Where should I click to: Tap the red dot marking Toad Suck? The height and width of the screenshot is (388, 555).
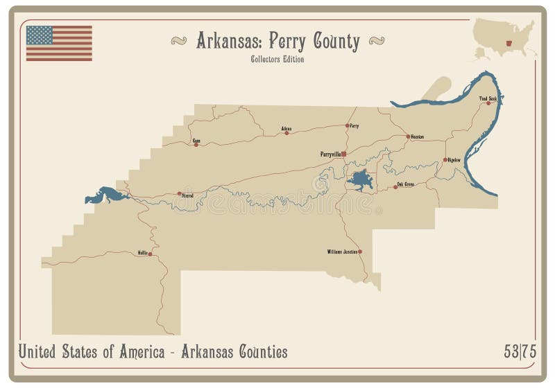pyautogui.click(x=488, y=103)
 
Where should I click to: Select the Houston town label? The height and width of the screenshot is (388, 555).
pyautogui.click(x=417, y=136)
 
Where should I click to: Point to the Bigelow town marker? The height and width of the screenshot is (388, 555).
pyautogui.click(x=445, y=160)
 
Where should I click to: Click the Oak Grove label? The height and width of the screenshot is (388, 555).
pyautogui.click(x=405, y=184)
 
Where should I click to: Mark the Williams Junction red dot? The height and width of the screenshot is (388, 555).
pyautogui.click(x=360, y=252)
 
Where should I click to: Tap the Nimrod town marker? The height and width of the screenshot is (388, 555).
pyautogui.click(x=179, y=193)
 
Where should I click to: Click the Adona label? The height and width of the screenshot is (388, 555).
pyautogui.click(x=287, y=128)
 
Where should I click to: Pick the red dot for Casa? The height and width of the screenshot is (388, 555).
pyautogui.click(x=196, y=145)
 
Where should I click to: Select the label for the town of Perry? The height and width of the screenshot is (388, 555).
pyautogui.click(x=355, y=126)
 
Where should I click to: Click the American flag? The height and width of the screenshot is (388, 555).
pyautogui.click(x=59, y=44)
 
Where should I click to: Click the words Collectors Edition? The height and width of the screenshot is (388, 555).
pyautogui.click(x=277, y=59)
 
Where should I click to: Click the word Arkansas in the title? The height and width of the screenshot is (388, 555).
pyautogui.click(x=230, y=42)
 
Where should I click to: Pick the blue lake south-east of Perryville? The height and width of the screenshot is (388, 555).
pyautogui.click(x=361, y=179)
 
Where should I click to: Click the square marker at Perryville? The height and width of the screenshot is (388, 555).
pyautogui.click(x=343, y=154)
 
